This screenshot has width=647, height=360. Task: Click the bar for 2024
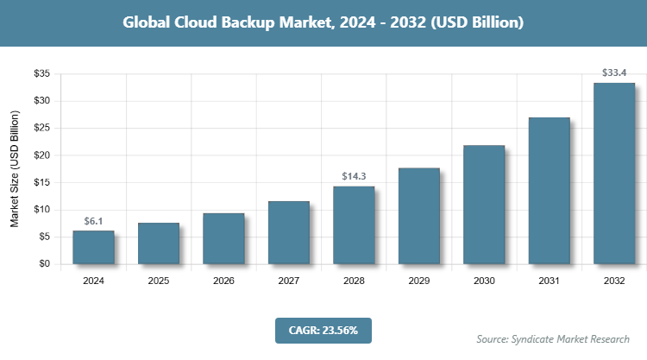[x=93, y=248]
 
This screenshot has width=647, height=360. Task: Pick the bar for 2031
[x=549, y=191]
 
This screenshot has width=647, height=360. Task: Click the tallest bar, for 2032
[x=614, y=174]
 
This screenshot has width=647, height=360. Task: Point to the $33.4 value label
[x=614, y=73]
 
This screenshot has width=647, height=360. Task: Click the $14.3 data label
[x=354, y=176]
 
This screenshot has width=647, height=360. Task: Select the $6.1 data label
[x=93, y=221]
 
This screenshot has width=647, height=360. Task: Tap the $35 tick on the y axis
[x=41, y=74]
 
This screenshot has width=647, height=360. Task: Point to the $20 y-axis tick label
[x=41, y=155]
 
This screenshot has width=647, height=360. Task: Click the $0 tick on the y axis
[x=43, y=264]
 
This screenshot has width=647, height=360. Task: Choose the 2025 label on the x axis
[x=159, y=281]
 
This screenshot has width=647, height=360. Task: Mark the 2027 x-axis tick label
[x=289, y=281]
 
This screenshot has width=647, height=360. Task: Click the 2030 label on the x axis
[x=484, y=281]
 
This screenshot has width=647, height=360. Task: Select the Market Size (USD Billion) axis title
[x=15, y=169]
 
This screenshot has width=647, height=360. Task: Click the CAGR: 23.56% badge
[x=323, y=330]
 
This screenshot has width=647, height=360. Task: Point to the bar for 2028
[x=354, y=225]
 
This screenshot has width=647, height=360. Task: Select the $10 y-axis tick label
[x=41, y=210]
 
